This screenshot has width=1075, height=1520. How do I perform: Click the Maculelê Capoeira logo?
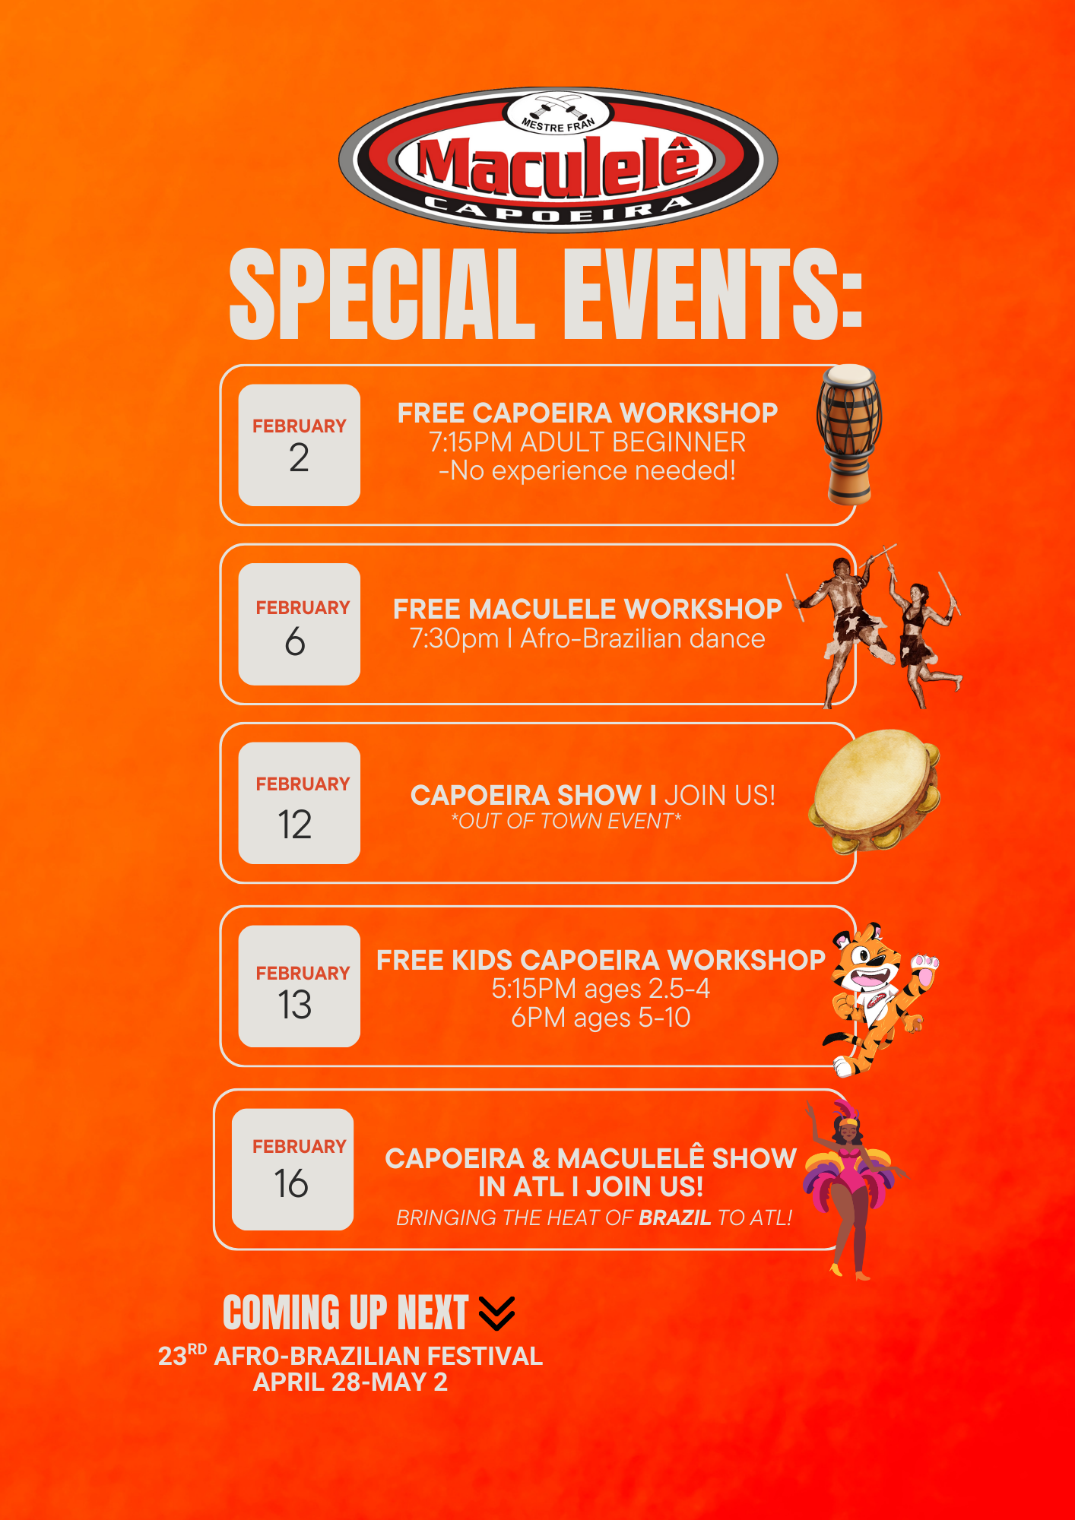point(558,160)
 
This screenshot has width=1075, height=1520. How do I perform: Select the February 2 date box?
point(300,445)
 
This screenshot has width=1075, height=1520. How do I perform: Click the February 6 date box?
point(300,624)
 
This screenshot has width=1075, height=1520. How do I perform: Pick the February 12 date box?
point(300,803)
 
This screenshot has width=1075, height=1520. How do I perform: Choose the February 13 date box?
point(300,986)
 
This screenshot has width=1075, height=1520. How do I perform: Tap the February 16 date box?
point(293,1169)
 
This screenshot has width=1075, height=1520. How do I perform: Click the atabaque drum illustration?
point(849,435)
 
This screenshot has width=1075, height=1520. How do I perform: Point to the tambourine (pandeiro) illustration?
point(875,790)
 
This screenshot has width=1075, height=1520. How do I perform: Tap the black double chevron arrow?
point(497,1313)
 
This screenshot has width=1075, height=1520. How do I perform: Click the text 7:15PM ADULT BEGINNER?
point(588,442)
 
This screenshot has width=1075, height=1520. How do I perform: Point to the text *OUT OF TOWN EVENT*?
point(566,821)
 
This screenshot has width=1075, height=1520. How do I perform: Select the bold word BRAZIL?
point(674,1218)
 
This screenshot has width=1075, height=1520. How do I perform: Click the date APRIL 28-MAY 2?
point(350,1382)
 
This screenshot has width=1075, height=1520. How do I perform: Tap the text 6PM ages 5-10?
point(601,1017)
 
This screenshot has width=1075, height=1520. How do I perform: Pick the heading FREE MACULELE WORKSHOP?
point(588,609)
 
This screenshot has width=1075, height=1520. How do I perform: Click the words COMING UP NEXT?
point(346,1313)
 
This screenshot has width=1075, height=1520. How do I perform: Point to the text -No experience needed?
point(588,471)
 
